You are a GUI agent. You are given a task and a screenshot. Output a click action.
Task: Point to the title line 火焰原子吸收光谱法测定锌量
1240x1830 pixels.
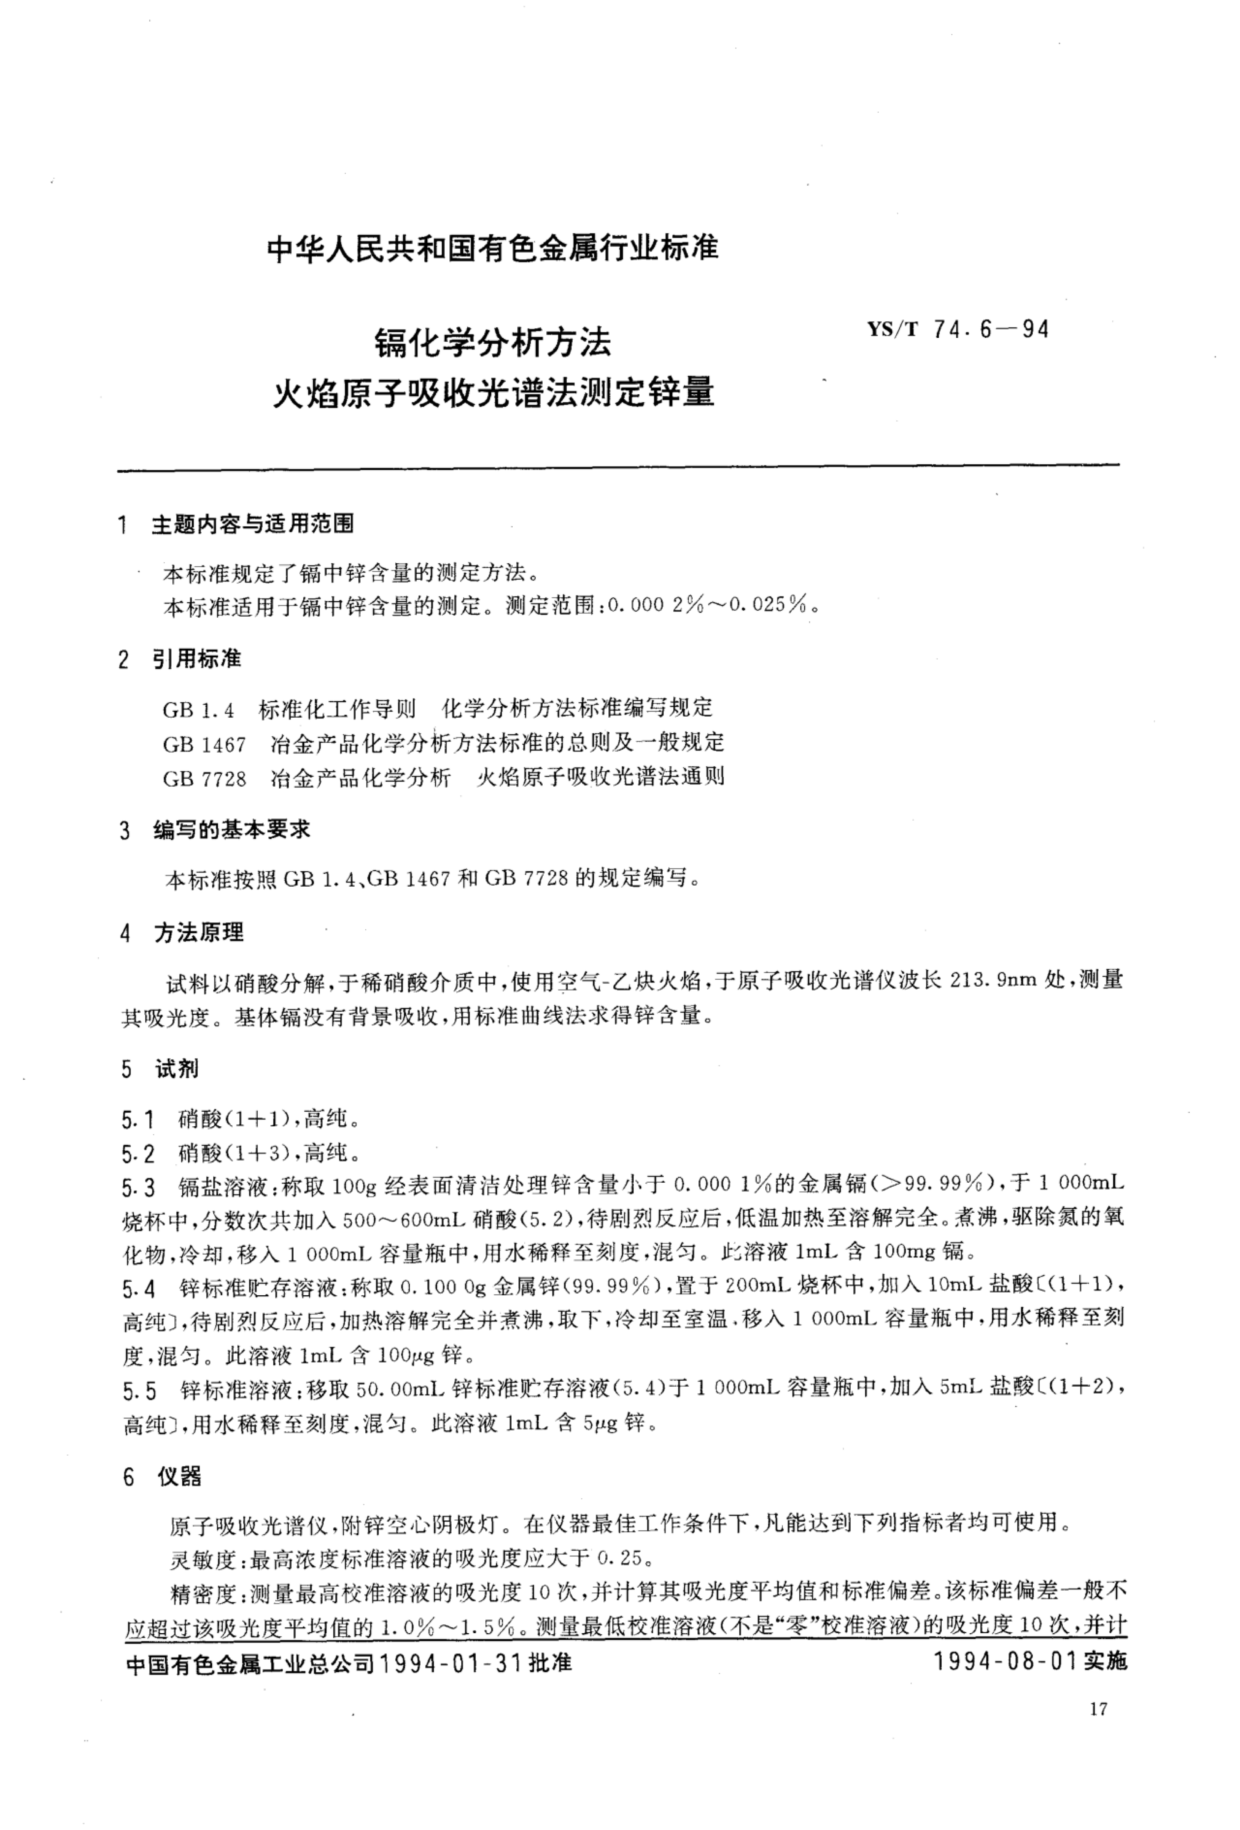click(x=493, y=391)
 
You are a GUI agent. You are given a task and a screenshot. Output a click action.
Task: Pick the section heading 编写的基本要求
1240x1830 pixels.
click(x=231, y=829)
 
